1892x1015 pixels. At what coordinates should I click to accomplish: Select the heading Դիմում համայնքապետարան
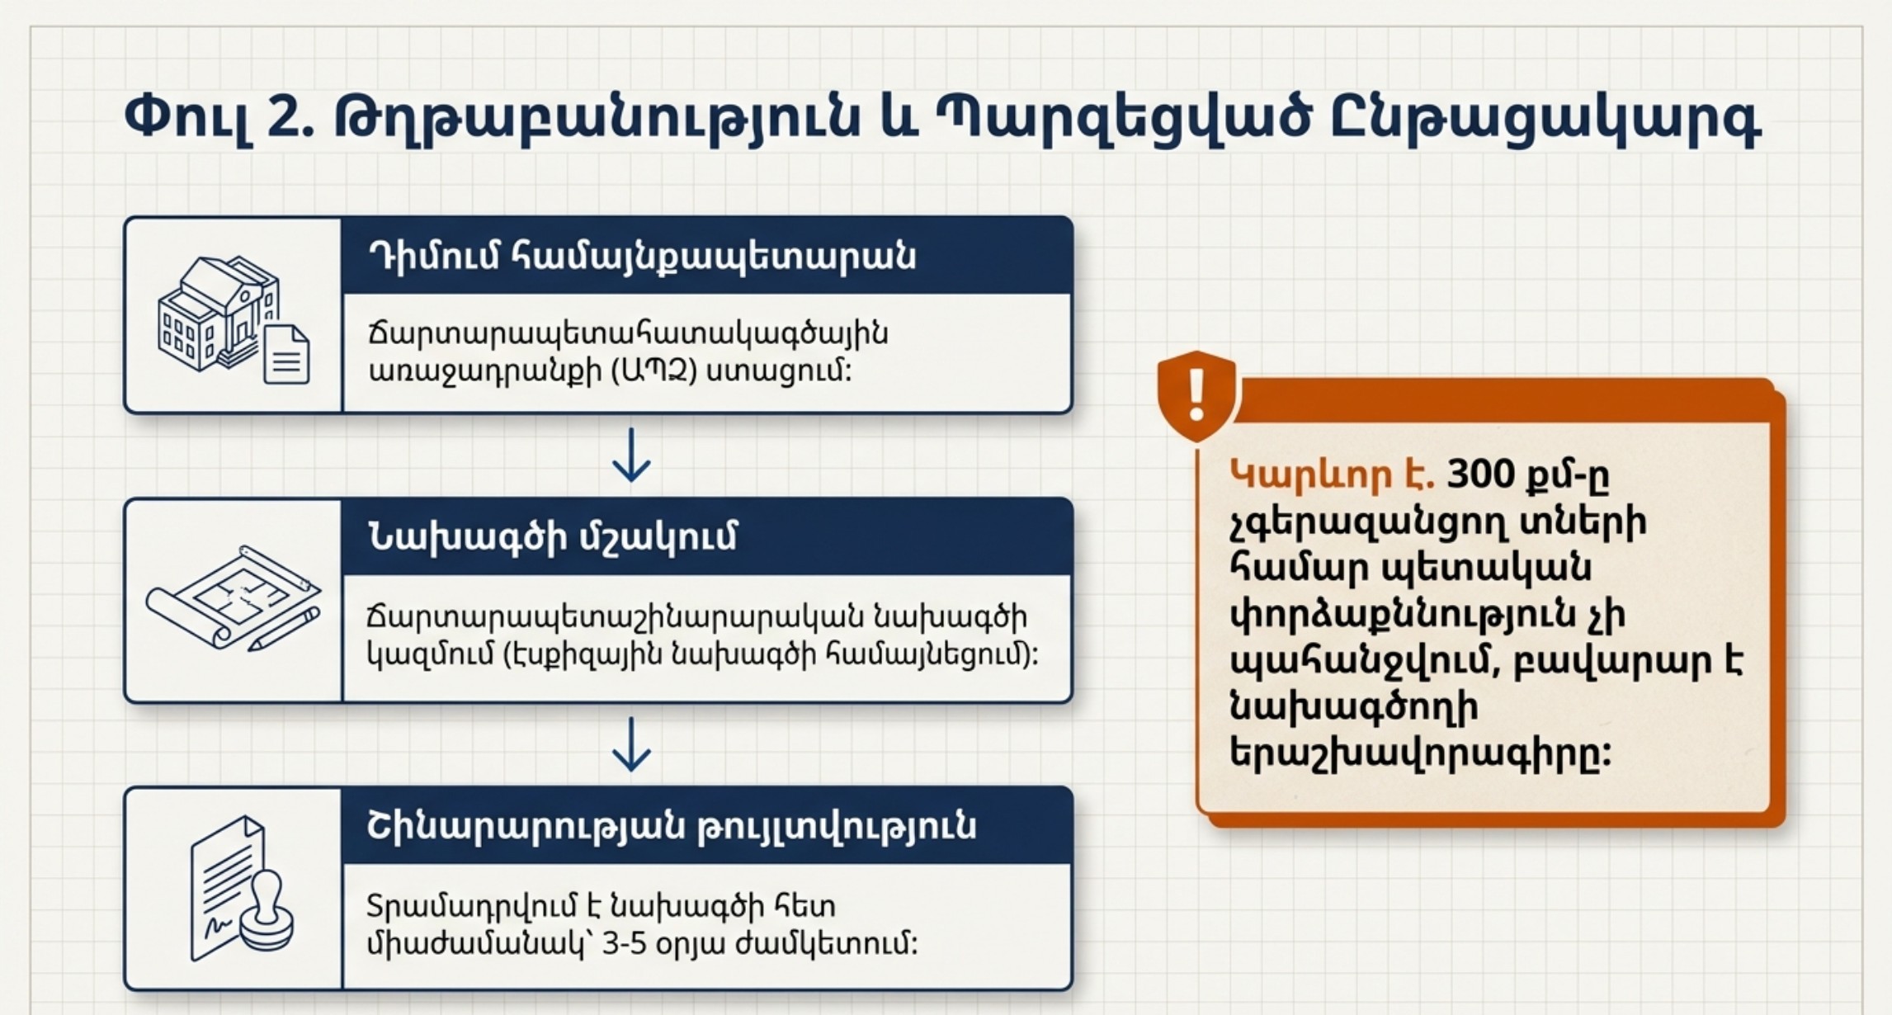642,257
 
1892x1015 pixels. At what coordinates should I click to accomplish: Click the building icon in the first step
217,313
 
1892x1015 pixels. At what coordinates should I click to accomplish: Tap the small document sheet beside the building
286,354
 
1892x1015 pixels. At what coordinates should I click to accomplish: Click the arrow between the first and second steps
631,455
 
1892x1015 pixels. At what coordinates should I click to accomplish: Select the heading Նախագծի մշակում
552,538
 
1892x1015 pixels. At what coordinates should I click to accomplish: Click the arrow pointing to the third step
631,744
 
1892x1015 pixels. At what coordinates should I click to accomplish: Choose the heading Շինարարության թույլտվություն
672,827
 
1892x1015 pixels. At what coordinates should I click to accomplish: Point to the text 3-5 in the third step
623,944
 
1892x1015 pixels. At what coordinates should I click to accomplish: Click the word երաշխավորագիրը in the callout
1420,753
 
